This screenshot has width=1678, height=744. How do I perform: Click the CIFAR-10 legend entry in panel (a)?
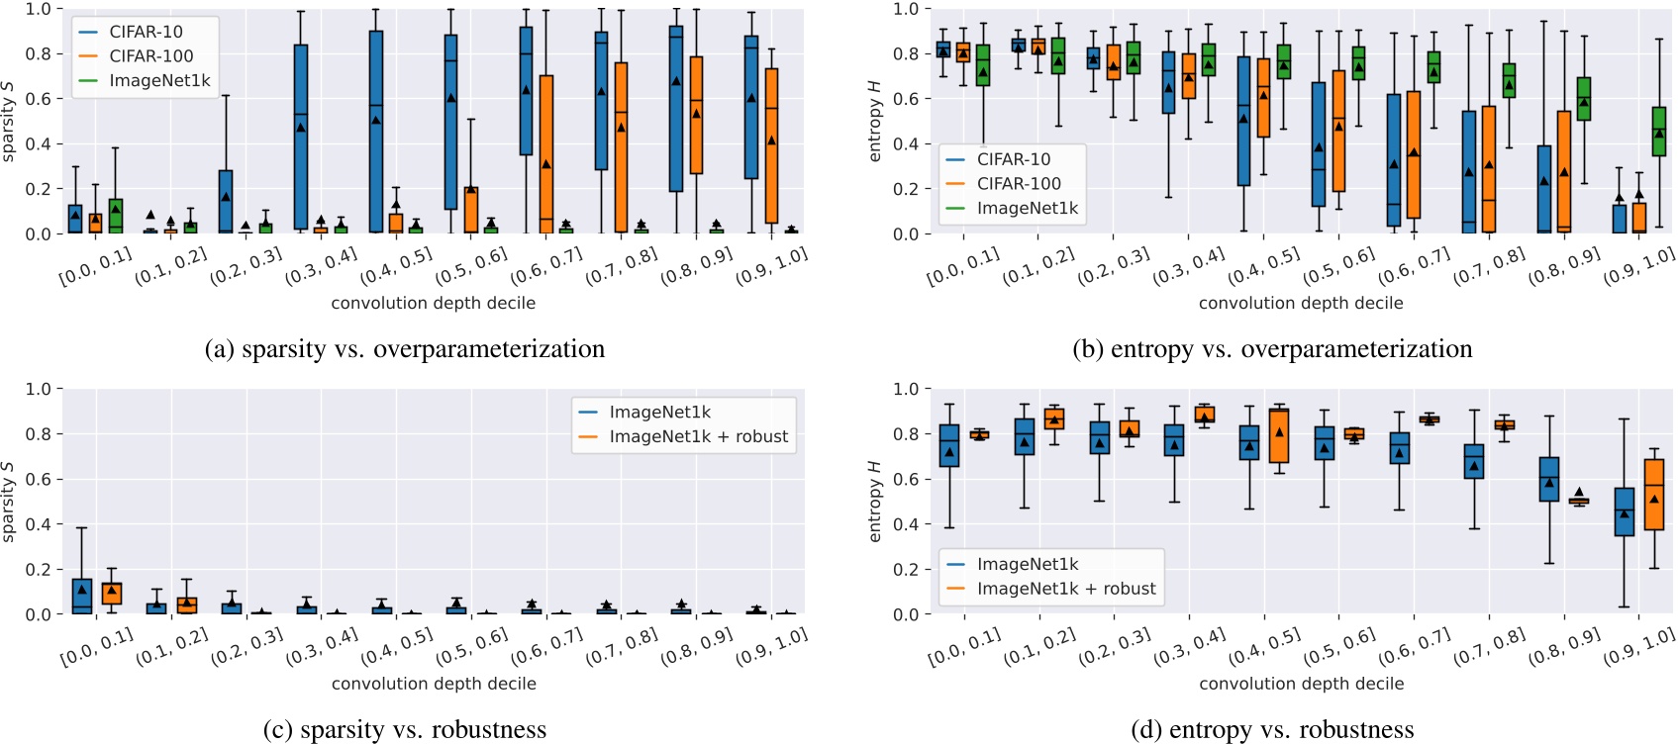pos(146,32)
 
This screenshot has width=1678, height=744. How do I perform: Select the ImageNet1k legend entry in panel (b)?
pos(1027,209)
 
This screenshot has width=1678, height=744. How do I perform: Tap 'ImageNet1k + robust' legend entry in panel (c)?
pos(698,436)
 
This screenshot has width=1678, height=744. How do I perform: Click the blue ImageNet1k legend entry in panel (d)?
pos(1027,564)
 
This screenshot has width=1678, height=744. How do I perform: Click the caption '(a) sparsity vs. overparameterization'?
pos(404,349)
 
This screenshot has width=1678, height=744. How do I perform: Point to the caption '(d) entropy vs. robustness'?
pos(1272,730)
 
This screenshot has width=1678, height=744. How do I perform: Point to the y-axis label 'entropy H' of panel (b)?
pos(874,121)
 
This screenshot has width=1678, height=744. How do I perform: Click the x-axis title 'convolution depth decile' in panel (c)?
pos(434,684)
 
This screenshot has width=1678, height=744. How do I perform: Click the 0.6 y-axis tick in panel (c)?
pos(38,479)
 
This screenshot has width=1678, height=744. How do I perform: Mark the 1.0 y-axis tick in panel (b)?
pos(905,9)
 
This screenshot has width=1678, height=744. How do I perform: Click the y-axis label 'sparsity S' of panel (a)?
pos(8,121)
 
